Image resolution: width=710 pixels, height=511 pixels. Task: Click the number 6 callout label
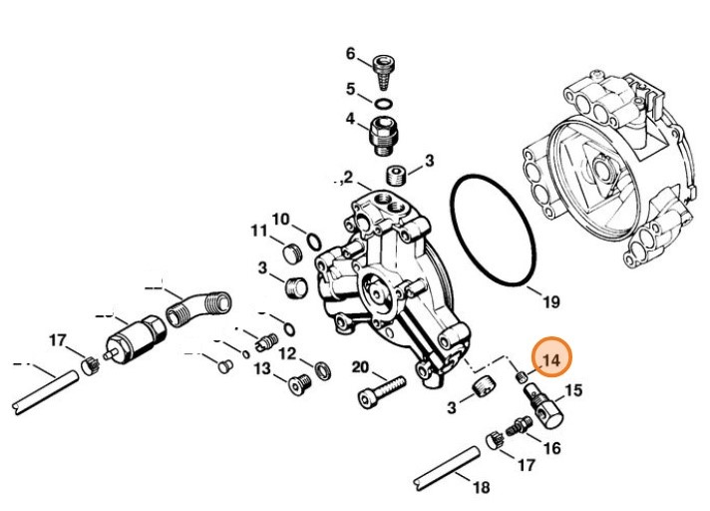coord(350,53)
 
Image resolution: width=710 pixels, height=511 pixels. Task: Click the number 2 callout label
coord(348,179)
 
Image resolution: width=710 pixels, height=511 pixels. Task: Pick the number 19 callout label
coord(550,300)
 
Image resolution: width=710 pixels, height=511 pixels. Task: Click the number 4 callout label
coord(350,119)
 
